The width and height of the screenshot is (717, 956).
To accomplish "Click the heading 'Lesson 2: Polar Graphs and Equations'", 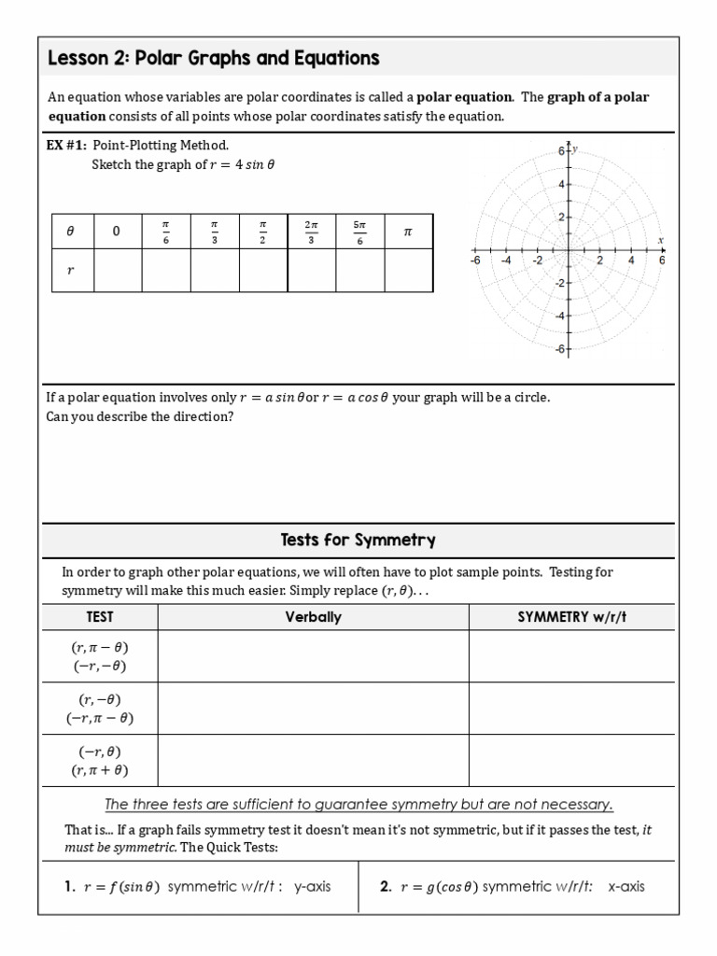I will pos(213,59).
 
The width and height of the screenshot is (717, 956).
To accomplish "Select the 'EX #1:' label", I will pos(66,145).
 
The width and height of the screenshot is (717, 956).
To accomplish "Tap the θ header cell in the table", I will pos(69,232).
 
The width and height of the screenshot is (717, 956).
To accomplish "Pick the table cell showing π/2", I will pos(262,232).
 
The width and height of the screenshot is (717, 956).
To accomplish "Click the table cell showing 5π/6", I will pos(359,232).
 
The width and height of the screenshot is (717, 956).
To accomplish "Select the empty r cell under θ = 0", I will pos(117,271).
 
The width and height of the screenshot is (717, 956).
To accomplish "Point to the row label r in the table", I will pos(69,271).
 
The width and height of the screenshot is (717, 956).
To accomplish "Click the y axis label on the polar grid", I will pos(575,148).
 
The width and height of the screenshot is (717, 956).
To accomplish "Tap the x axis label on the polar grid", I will pos(659,240).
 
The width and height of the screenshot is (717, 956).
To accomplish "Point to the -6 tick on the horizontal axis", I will pos(475,261).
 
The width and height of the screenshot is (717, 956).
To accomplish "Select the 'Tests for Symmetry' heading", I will pos(358,541).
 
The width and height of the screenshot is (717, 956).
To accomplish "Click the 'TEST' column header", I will pos(99,617).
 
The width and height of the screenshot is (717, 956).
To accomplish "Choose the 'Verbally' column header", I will pos(313,617).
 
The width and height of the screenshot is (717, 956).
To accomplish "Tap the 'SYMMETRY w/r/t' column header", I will pos(570,617).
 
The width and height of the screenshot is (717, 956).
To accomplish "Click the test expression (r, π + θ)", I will pos(99,770).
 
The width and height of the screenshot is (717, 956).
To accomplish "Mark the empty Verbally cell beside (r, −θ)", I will pos(313,709).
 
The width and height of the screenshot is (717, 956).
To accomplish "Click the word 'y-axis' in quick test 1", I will pos(312,887).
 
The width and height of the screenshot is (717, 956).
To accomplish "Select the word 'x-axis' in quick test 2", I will pos(626,887).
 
